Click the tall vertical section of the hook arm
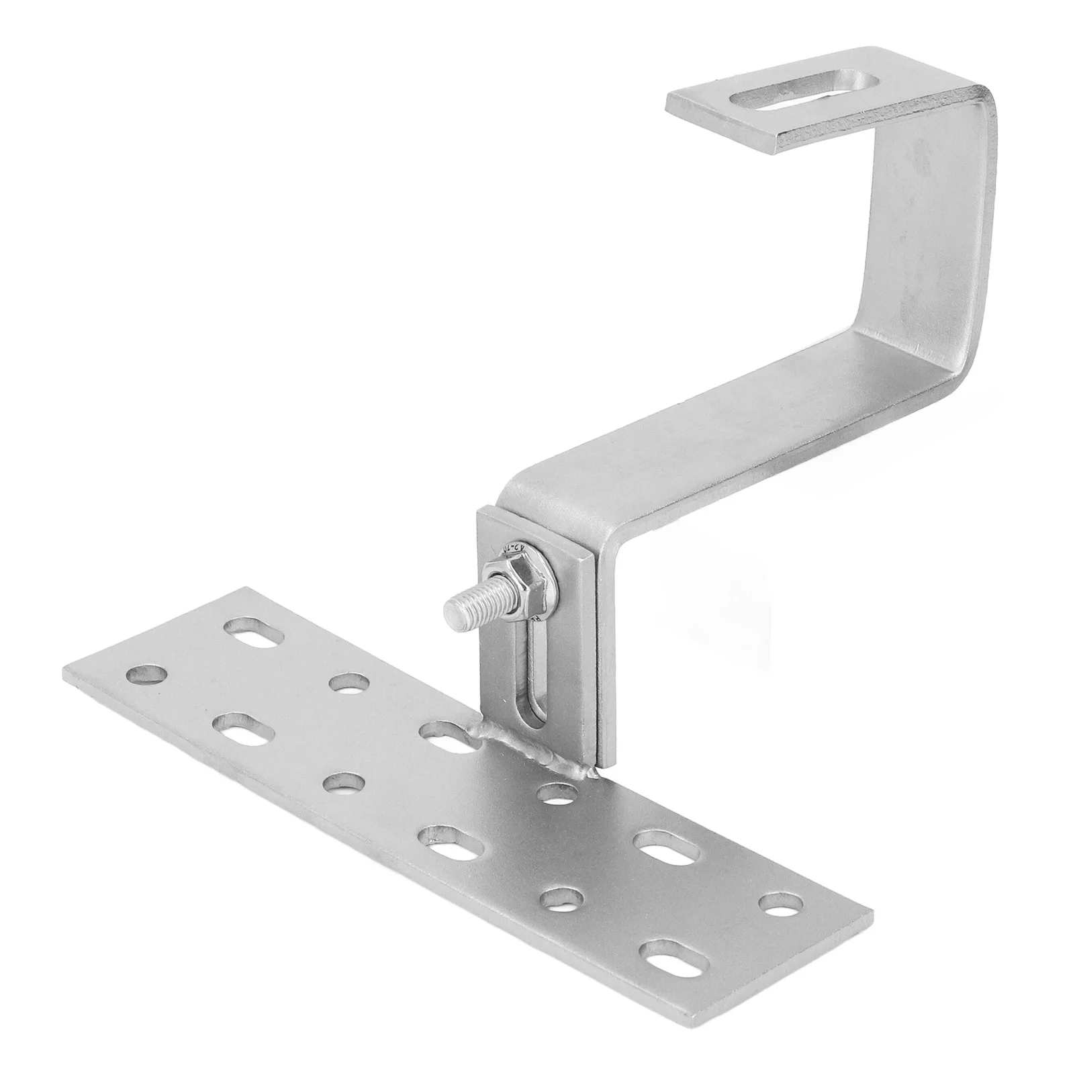tap(933, 235)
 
